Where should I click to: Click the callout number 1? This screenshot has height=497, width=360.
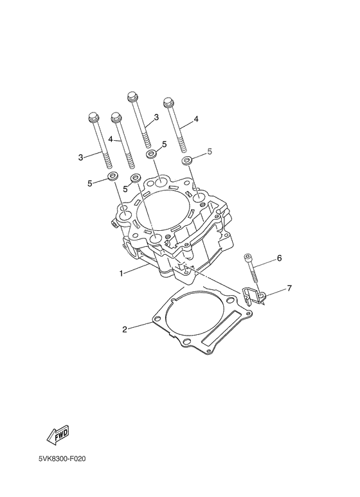coord(121,273)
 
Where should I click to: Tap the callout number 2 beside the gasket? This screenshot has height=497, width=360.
coord(125,330)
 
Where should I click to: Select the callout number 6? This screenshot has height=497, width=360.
coord(280,258)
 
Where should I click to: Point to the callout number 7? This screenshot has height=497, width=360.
coord(289,289)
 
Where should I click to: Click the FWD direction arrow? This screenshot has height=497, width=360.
coord(57,435)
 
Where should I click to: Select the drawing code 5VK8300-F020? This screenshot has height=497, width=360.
coord(61,460)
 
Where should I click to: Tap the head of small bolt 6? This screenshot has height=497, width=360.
coord(248,258)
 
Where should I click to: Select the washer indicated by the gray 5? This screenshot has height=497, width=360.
coord(187,160)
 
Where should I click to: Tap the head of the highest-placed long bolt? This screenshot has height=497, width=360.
coord(132,97)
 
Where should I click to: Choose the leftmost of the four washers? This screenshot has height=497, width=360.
coord(112,176)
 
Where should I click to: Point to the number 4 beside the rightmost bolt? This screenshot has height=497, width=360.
coord(196,120)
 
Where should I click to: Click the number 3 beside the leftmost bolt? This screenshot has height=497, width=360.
coord(80,157)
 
